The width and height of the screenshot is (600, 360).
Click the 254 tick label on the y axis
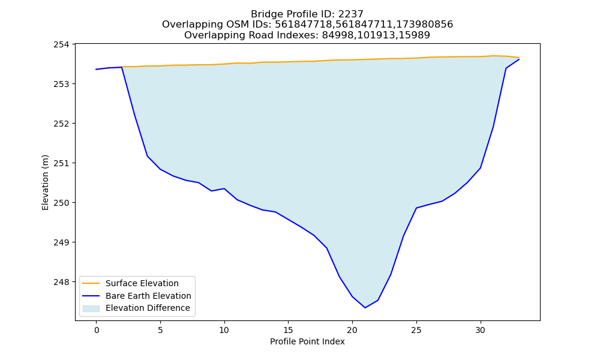click(x=61, y=44)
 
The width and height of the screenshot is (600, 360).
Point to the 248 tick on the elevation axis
click(x=61, y=282)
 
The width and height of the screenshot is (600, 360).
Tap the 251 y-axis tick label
click(x=61, y=163)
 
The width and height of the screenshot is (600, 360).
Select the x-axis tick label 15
click(x=288, y=330)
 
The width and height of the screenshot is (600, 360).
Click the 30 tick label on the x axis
click(x=480, y=330)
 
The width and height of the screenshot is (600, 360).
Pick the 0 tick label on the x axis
click(x=96, y=330)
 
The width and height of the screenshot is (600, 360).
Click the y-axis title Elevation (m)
click(x=45, y=182)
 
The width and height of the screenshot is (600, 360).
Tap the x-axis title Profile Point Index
click(x=307, y=341)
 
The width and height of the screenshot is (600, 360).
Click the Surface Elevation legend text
click(x=142, y=283)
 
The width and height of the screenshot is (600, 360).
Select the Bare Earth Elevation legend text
click(x=148, y=296)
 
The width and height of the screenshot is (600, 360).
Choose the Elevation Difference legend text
click(x=148, y=308)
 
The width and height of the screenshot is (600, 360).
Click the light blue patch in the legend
click(x=91, y=308)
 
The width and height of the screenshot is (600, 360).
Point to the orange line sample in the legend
click(x=91, y=283)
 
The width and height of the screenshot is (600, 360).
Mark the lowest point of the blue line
click(x=365, y=308)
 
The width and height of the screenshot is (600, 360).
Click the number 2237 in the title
click(x=350, y=14)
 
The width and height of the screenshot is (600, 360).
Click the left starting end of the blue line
click(x=96, y=69)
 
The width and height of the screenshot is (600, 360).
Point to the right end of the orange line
click(x=519, y=58)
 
